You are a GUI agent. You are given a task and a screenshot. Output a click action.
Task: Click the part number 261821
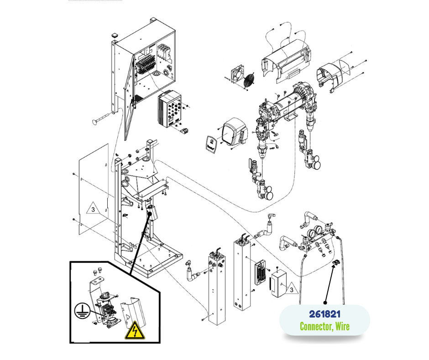tap(324, 314)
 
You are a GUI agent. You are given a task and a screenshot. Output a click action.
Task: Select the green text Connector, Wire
tap(324, 326)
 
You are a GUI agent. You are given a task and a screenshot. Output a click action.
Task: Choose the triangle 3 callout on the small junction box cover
tap(289, 289)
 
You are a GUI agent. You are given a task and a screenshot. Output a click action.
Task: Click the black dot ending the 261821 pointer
tap(325, 302)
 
